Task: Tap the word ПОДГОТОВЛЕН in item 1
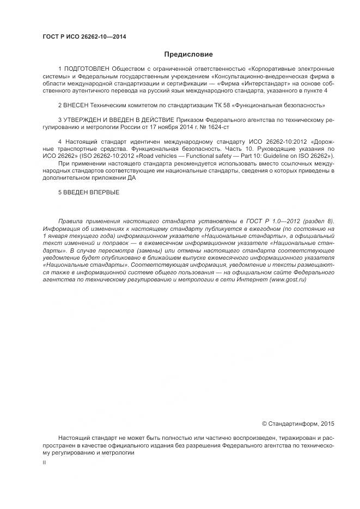(87, 69)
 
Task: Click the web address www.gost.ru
(288, 279)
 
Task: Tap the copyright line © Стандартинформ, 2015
(298, 423)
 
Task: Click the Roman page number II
(44, 462)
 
